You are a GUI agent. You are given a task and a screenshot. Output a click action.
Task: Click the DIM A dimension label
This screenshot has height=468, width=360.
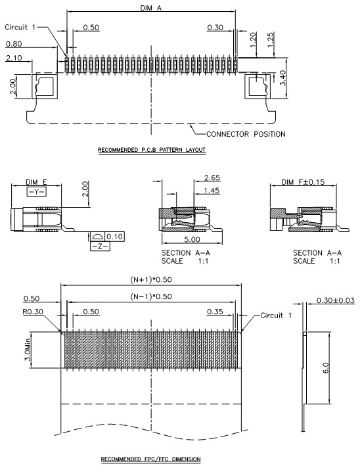point(150,8)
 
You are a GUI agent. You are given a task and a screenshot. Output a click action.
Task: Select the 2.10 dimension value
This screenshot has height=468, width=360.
point(14,58)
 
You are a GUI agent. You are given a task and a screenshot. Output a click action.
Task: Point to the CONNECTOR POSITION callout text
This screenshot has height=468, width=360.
point(246,134)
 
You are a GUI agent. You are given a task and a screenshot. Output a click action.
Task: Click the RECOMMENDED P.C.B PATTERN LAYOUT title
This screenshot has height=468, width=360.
point(152,149)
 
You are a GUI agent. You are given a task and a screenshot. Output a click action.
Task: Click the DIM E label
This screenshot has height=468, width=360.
point(36,182)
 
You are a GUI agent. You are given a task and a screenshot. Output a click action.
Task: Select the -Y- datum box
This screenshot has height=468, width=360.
point(36,192)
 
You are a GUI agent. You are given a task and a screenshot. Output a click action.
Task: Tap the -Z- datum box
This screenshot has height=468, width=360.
point(100,246)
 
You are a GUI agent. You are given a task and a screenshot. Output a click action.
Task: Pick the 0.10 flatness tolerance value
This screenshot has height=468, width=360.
point(114,237)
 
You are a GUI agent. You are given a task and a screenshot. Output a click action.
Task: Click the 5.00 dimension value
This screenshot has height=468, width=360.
point(192,239)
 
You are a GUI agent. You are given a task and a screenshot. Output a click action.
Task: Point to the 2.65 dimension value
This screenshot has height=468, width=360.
point(212,177)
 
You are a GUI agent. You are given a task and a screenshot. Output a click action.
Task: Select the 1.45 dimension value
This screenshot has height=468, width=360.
point(212,191)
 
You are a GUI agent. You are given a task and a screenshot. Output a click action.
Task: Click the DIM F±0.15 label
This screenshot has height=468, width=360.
point(303,182)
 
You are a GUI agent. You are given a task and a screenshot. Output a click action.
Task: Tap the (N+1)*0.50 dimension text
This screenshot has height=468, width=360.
point(151,279)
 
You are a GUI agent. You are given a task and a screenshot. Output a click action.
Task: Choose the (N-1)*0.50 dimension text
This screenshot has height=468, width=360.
point(151,296)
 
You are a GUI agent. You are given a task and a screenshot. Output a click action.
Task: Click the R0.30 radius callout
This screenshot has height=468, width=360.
point(33,312)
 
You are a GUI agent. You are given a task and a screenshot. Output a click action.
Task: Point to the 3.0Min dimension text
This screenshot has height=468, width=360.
point(28,350)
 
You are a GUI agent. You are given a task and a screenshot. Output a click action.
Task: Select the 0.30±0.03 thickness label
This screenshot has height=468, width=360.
point(336,300)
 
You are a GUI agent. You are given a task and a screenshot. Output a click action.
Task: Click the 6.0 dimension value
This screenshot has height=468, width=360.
point(326,367)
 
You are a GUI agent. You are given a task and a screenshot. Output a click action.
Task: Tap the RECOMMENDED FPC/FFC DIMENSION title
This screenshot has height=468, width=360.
point(150,459)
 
